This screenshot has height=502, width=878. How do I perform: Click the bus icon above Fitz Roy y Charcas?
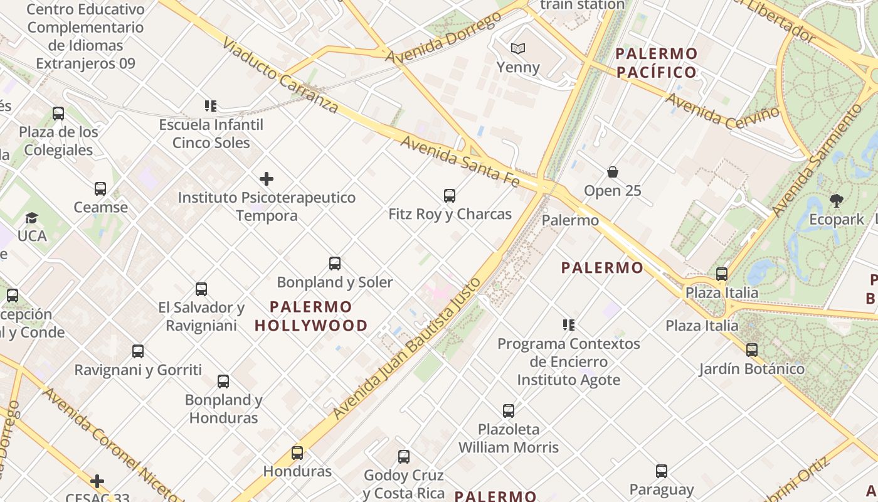[x=449, y=196]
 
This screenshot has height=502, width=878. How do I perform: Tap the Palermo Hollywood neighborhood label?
[x=311, y=316]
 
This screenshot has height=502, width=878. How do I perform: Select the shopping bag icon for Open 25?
[x=613, y=172]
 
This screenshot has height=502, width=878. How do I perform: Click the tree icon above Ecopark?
[x=836, y=201]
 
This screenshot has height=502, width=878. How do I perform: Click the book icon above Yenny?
[x=517, y=48]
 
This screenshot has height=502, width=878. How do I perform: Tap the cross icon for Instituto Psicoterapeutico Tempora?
[x=267, y=179]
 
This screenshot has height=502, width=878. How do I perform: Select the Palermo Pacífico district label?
[x=657, y=63]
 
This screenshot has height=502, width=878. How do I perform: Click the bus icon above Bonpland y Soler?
[x=335, y=264]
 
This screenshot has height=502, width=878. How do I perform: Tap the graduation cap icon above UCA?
[x=31, y=218]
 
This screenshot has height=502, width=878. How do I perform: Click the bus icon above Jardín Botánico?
[x=751, y=350]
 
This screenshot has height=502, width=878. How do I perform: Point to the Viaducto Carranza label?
[x=280, y=75]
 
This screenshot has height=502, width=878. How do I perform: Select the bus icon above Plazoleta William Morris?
[x=509, y=411]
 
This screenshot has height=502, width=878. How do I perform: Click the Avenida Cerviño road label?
[x=722, y=110]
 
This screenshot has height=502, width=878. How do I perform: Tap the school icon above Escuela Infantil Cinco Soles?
[x=211, y=106]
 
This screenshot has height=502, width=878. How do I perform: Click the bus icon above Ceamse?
[x=100, y=189]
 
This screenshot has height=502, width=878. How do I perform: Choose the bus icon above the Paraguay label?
[x=661, y=471]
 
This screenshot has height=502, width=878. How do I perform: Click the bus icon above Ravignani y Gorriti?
[x=138, y=351]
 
